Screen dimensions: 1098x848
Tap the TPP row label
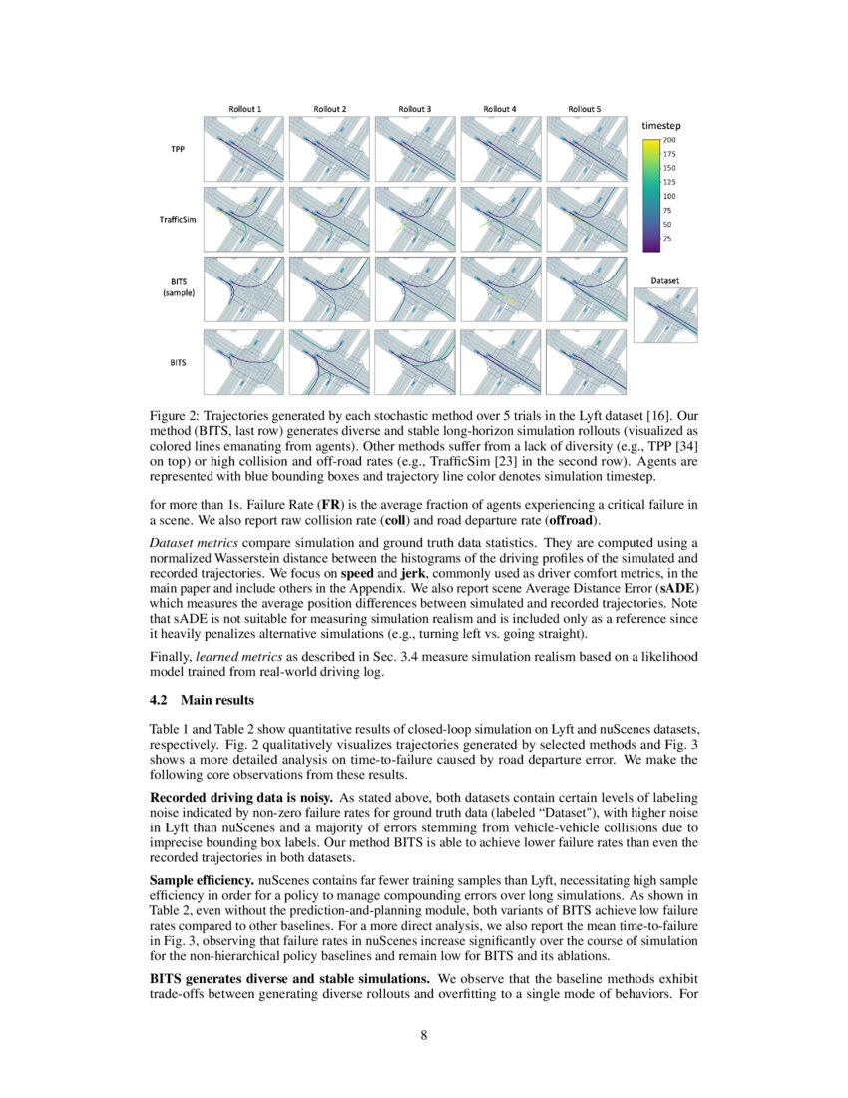click(179, 149)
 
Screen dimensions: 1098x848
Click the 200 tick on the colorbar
click(669, 140)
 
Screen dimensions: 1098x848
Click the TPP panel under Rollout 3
click(414, 148)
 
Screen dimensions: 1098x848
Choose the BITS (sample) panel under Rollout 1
click(243, 289)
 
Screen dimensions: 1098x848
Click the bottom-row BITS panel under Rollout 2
click(329, 361)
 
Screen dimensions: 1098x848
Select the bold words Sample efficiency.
click(202, 881)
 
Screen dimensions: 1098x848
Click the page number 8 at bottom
click(423, 1035)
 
